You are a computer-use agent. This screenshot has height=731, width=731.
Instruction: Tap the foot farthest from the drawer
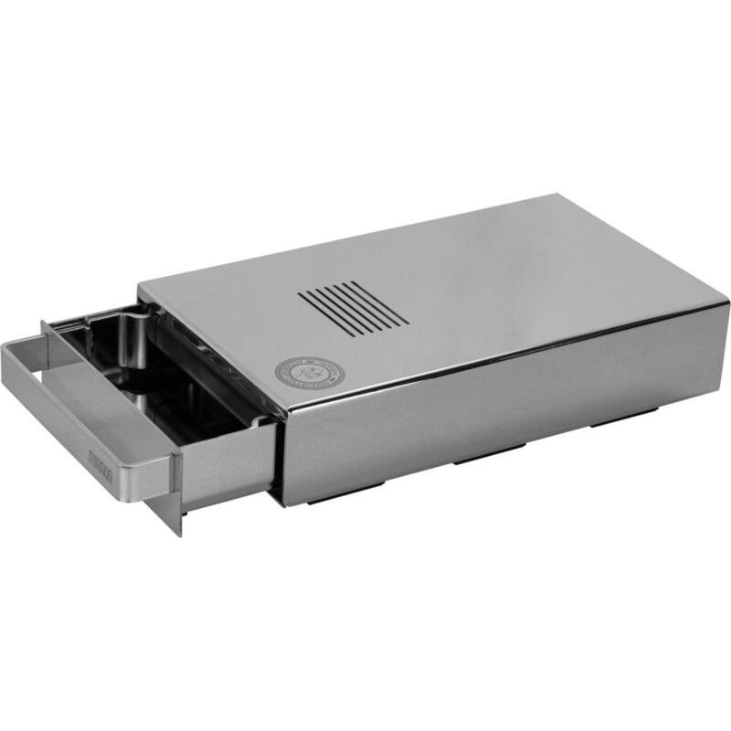pyautogui.click(x=612, y=421)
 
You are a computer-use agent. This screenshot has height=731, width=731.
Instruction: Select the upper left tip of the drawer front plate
pyautogui.click(x=43, y=323)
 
